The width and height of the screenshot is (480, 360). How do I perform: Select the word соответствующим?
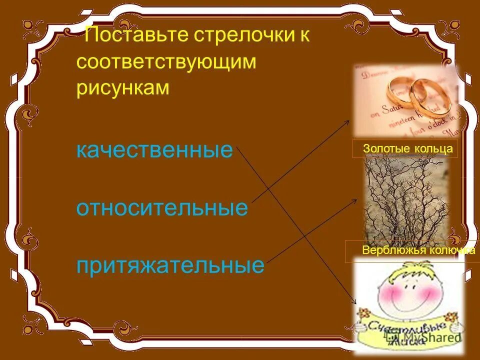click(x=166, y=62)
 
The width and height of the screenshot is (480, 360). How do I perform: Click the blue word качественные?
click(x=154, y=150)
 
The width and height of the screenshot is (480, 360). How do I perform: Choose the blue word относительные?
click(x=161, y=207)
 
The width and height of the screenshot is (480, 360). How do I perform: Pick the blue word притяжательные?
click(x=170, y=265)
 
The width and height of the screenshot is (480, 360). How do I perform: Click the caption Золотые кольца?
click(x=408, y=148)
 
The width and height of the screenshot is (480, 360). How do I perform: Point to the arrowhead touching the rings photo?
click(x=350, y=121)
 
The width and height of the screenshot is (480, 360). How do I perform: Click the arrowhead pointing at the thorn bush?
click(x=355, y=200)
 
